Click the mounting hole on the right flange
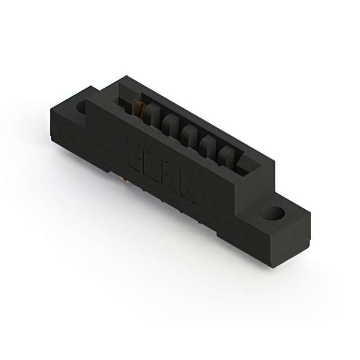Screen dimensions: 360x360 click(274, 214)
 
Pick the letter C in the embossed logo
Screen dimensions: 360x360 click(188, 191)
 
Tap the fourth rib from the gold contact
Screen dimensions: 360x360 click(209, 144)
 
